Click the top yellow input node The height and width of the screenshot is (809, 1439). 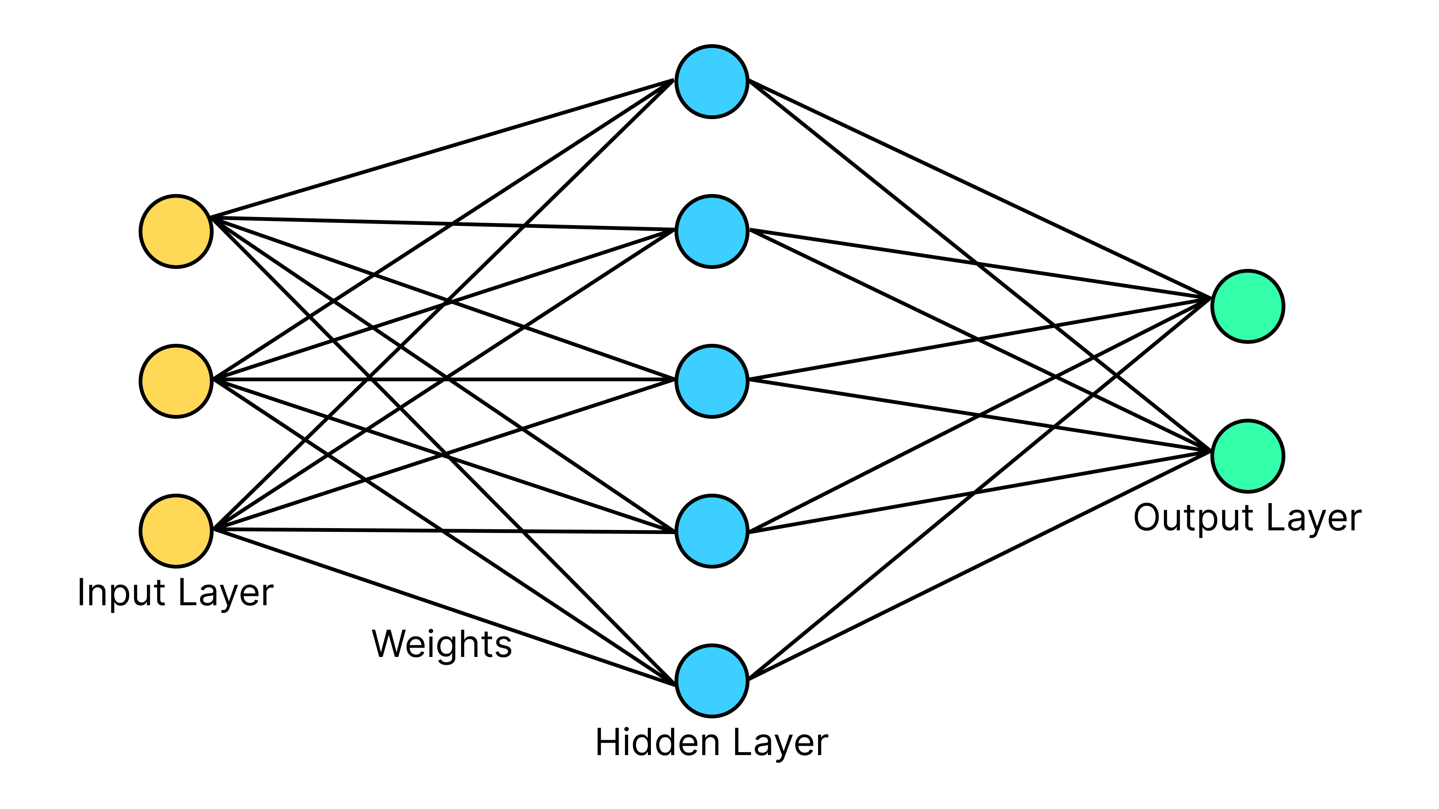(x=176, y=231)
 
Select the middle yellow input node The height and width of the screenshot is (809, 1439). (x=176, y=381)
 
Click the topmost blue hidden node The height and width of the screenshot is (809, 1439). (x=711, y=82)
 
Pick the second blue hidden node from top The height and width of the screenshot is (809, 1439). (x=711, y=231)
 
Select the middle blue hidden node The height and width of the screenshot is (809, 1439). (x=711, y=381)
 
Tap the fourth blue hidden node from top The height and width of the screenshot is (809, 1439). (x=711, y=531)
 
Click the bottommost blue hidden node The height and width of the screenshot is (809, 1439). (x=711, y=681)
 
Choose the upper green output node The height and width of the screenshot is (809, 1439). (x=1248, y=306)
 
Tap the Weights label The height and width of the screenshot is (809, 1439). (x=441, y=644)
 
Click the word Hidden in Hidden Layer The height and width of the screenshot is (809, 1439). (x=657, y=743)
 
